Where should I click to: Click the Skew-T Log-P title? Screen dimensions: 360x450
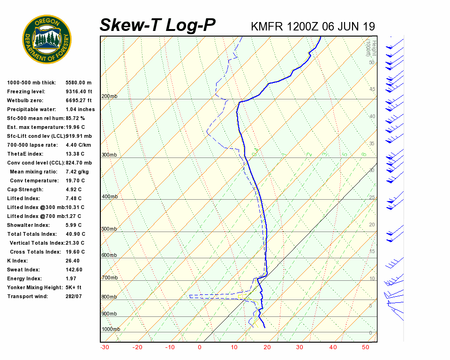click(158, 25)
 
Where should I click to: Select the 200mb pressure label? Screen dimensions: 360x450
click(109, 97)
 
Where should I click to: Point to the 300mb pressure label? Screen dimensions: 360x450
click(109, 155)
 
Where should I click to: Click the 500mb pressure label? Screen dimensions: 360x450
click(109, 229)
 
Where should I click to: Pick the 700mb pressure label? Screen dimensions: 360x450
click(109, 278)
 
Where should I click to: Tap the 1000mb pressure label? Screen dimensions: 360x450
click(111, 330)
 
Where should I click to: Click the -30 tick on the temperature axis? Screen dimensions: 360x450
click(105, 347)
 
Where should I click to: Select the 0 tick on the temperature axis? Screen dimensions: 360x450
click(200, 347)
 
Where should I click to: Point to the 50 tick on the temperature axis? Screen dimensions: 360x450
click(366, 347)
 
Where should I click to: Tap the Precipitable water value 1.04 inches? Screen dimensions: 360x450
click(80, 110)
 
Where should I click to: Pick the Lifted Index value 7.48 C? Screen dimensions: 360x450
click(74, 199)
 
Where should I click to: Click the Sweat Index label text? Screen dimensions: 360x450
click(23, 270)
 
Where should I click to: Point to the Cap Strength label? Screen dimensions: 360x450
click(25, 190)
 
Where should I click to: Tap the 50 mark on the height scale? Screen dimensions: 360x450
click(371, 62)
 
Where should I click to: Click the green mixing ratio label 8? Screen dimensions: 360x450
click(364, 154)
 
